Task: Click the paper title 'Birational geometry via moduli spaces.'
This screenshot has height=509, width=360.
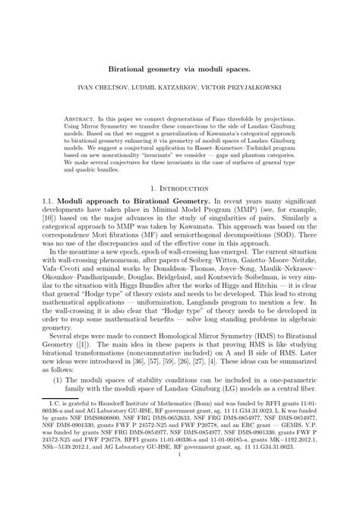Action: pyautogui.click(x=180, y=68)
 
